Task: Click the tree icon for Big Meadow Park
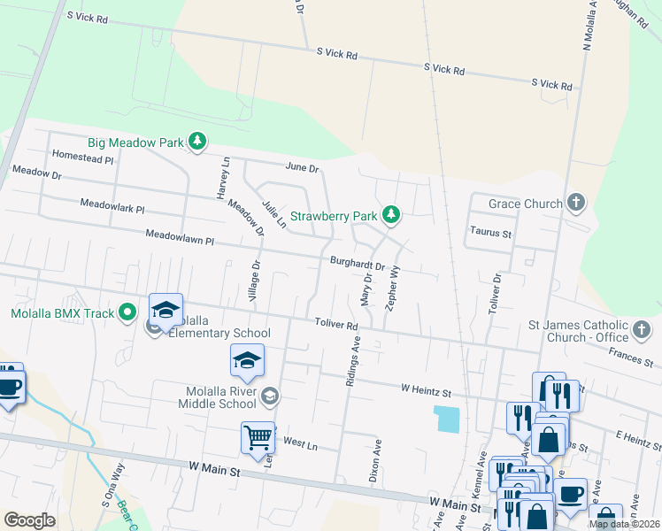[197, 142]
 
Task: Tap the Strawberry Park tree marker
[390, 215]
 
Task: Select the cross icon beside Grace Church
[575, 204]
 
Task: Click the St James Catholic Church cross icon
[643, 331]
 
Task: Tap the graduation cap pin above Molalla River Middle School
[247, 361]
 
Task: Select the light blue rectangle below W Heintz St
[448, 419]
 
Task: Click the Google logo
[29, 520]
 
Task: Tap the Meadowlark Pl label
[112, 204]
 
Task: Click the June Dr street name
[302, 167]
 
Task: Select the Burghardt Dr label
[357, 264]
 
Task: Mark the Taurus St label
[489, 234]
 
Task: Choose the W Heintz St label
[426, 389]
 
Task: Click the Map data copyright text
[624, 524]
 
